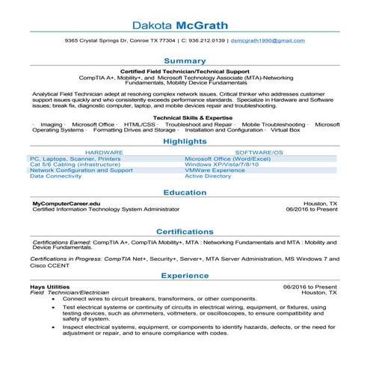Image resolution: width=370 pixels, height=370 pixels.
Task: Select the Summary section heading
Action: (185, 59)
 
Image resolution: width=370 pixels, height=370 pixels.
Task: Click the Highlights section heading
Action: (185, 141)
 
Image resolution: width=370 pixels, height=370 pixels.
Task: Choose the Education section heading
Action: (185, 192)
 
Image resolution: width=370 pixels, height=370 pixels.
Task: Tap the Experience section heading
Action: (185, 275)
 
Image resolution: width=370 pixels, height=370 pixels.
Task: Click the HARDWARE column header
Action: (104, 152)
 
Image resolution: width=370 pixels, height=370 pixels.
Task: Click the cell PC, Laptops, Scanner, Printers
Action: (75, 158)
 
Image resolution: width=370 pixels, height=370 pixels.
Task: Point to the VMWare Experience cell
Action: (215, 170)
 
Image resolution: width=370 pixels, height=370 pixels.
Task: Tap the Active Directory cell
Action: (208, 176)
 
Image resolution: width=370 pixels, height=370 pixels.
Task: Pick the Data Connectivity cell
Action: (55, 176)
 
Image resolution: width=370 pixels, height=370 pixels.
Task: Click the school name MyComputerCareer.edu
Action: (67, 203)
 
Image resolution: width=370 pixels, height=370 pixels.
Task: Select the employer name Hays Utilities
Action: (49, 286)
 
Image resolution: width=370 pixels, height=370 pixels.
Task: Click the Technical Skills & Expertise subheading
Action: (185, 117)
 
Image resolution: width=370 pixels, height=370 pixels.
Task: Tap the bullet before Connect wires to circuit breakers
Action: (53, 299)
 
